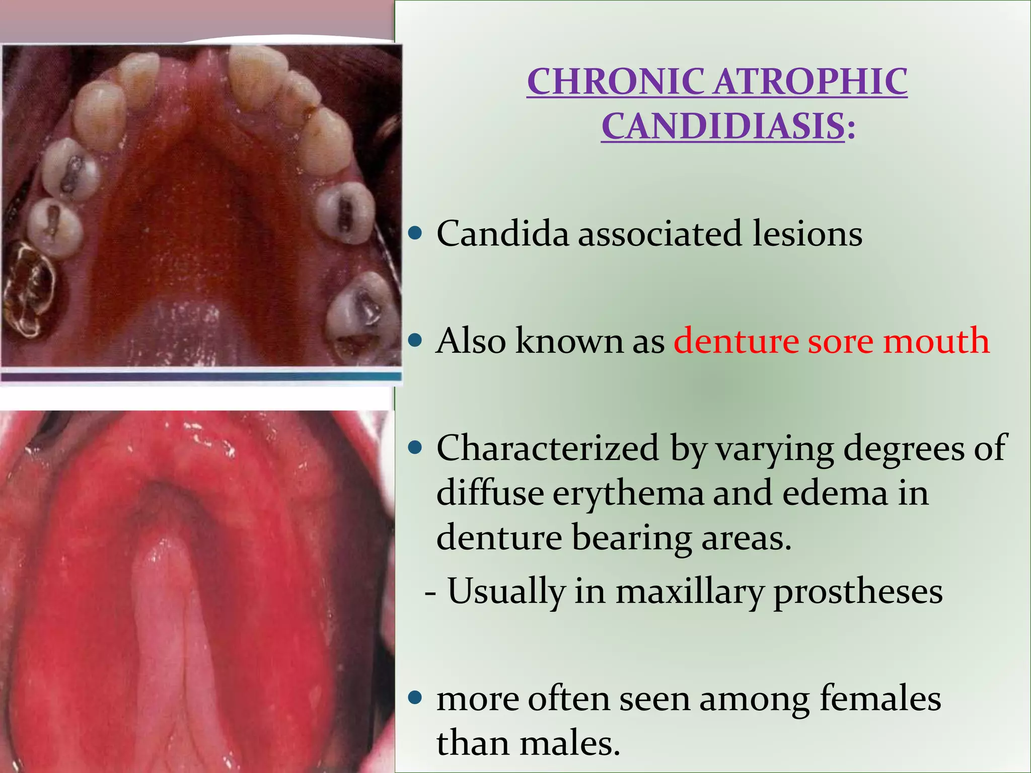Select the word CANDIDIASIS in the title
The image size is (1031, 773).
click(x=723, y=126)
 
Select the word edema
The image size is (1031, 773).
click(x=835, y=493)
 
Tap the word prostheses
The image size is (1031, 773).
click(x=858, y=592)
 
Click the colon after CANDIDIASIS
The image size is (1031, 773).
click(x=851, y=128)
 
